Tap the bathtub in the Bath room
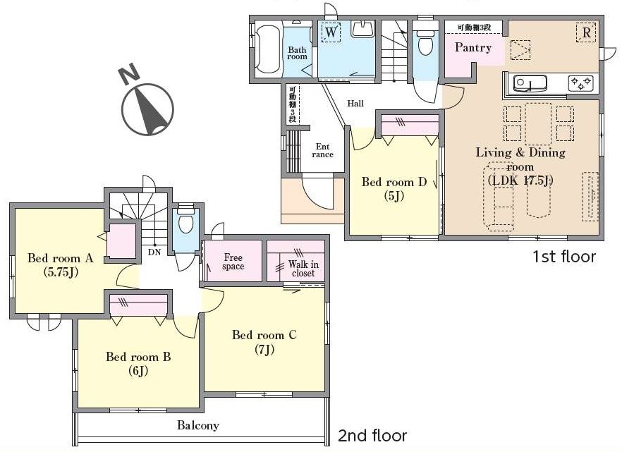[x=268, y=49]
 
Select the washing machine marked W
[x=331, y=32]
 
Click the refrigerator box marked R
[x=586, y=32]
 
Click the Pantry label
[x=472, y=47]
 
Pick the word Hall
[x=355, y=104]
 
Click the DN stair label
[x=154, y=252]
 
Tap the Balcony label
[x=198, y=425]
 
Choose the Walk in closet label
[x=303, y=269]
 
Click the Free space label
[x=233, y=262]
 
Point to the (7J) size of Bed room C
[x=264, y=349]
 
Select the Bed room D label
[x=394, y=182]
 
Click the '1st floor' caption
[x=563, y=257]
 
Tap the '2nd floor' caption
[x=372, y=436]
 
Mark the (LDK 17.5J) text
[x=520, y=181]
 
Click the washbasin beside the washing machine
[x=362, y=30]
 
